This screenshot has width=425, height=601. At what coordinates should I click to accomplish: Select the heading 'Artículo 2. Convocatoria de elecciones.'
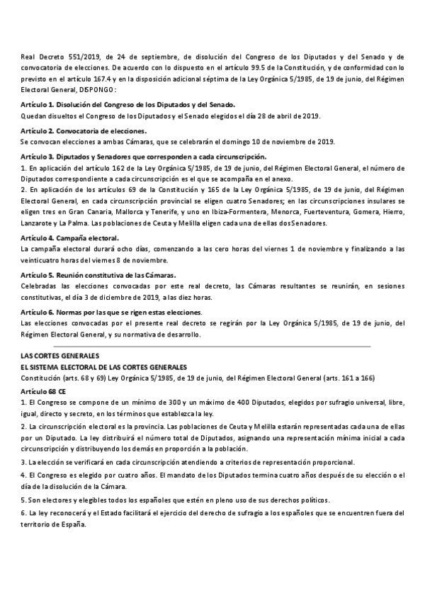[84, 131]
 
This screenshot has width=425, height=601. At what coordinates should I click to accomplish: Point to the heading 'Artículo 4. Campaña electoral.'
[70, 238]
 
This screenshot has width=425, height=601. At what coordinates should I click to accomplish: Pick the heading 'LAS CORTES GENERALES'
[60, 355]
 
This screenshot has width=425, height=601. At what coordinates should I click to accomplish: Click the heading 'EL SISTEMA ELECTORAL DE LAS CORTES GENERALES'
[103, 367]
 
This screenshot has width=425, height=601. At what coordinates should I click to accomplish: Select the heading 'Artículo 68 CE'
[47, 391]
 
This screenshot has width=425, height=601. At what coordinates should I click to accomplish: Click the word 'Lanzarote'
[39, 223]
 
